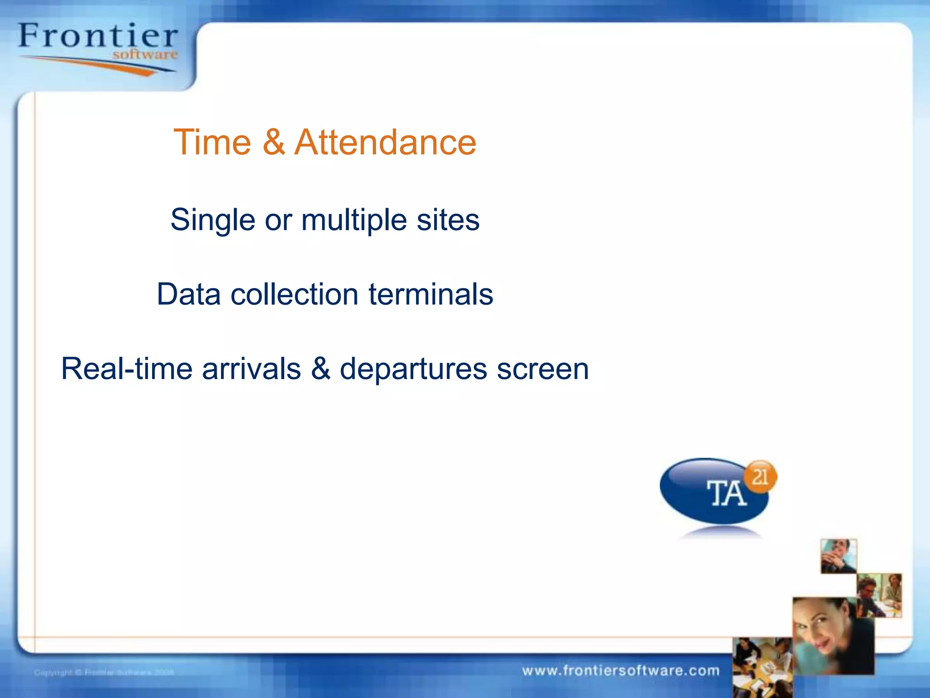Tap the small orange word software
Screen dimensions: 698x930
(145, 55)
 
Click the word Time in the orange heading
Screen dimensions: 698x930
(212, 142)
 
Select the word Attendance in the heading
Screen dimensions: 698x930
(385, 142)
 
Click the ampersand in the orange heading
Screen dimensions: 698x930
(273, 142)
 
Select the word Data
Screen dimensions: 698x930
(188, 294)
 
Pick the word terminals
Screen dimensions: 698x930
(430, 294)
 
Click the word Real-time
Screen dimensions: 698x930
(127, 369)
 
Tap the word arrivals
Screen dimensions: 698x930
(251, 369)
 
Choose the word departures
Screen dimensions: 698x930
(413, 369)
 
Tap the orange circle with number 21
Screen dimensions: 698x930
(761, 477)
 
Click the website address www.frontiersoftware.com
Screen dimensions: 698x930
(620, 671)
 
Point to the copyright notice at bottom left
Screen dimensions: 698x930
(104, 672)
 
